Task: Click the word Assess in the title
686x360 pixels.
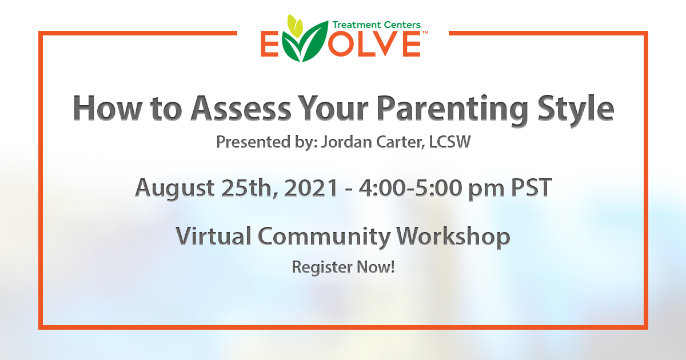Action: click(241, 109)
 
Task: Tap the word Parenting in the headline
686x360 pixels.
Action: click(452, 110)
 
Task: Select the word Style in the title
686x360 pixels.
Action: click(576, 110)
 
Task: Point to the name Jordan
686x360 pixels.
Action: click(346, 142)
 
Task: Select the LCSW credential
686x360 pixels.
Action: click(450, 142)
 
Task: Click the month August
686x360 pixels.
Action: click(175, 189)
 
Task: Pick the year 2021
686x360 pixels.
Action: click(311, 187)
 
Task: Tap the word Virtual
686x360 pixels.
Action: click(213, 236)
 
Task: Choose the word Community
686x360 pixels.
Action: click(324, 238)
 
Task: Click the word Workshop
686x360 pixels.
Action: click(453, 238)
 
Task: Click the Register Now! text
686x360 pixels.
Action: click(344, 267)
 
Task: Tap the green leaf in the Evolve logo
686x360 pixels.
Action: click(305, 42)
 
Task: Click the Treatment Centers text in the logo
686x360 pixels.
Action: click(376, 25)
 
